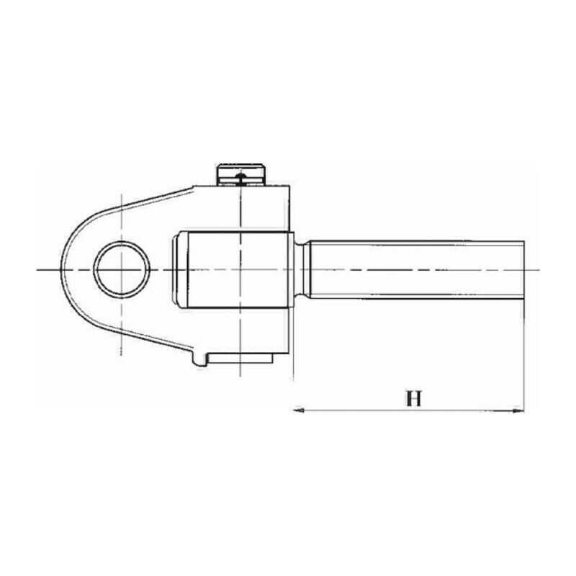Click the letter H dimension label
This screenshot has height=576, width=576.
[x=414, y=399]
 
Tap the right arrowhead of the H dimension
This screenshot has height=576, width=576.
[x=518, y=410]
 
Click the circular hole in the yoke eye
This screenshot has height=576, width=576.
[x=122, y=269]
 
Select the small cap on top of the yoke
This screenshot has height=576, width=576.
[x=241, y=175]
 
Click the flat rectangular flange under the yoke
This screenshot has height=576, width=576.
[x=240, y=359]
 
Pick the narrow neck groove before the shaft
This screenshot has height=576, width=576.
[x=302, y=269]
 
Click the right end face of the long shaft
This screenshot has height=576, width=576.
[x=524, y=269]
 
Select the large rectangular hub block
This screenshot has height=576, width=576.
[x=237, y=269]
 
